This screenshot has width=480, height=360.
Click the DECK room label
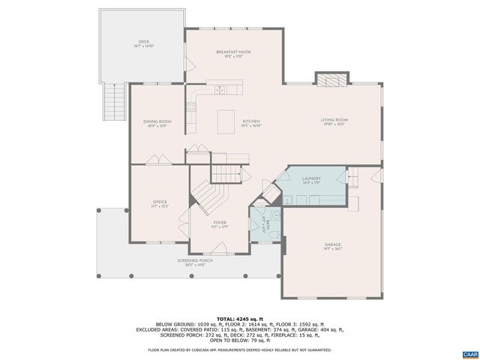click(143, 43)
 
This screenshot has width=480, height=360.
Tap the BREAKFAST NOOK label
click(233, 53)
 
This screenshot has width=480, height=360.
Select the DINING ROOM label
click(157, 123)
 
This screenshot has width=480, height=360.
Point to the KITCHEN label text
click(250, 122)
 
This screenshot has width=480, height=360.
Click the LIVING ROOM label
click(334, 121)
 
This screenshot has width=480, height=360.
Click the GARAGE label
click(332, 245)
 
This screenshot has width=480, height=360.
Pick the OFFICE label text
click(160, 203)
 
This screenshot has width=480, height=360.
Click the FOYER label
click(220, 223)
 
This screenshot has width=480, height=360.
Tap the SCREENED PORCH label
click(195, 262)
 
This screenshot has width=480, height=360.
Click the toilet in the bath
click(275, 215)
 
